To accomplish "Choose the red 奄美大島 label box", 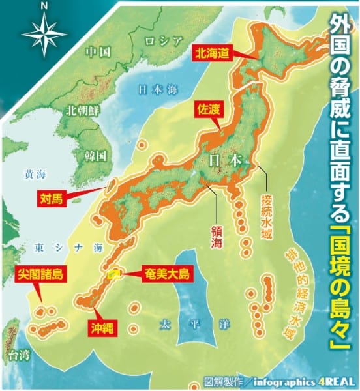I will point(166,274).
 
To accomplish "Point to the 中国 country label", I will point(100,51).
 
